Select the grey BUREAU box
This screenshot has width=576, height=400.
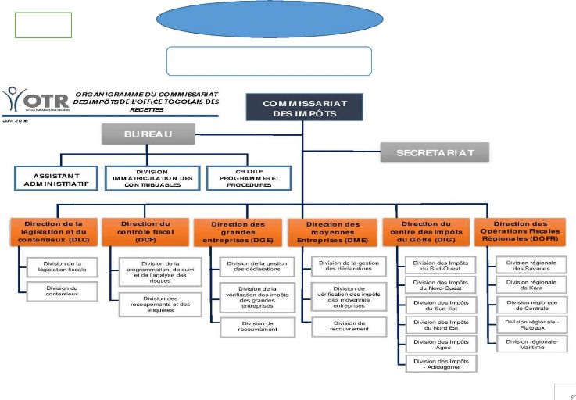coord(147,134)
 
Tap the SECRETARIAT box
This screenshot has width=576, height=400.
coord(435,152)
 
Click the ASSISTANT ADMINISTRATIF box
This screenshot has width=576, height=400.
coord(55,178)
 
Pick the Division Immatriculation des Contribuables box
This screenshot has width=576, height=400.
coord(152,178)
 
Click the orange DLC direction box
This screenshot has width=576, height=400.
coord(54,231)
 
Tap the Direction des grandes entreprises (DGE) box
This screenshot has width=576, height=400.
coord(238,233)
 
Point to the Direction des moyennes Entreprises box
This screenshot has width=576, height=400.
coord(331,233)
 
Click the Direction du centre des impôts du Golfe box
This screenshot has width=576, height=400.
coord(425,233)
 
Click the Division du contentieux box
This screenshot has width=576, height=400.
coord(61,291)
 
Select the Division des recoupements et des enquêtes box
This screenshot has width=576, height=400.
coord(156,304)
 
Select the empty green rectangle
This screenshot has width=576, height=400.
coord(44,25)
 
